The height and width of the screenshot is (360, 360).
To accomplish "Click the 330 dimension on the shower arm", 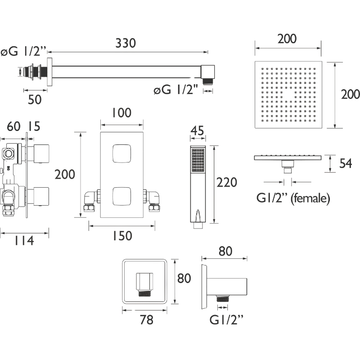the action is pyautogui.click(x=126, y=43).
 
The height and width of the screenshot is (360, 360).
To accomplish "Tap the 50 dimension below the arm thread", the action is pyautogui.click(x=35, y=99).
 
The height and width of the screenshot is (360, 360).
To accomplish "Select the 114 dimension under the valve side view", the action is pyautogui.click(x=24, y=241).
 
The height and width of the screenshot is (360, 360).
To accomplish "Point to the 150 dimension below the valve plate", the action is pyautogui.click(x=122, y=236).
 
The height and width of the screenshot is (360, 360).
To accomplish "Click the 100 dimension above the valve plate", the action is pyautogui.click(x=121, y=113).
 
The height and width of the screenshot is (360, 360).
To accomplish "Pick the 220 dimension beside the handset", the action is pyautogui.click(x=227, y=183).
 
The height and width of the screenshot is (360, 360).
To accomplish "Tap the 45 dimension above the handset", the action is pyautogui.click(x=197, y=130).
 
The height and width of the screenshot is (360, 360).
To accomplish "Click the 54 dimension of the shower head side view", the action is pyautogui.click(x=346, y=163).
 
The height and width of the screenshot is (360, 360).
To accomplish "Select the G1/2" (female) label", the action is pyautogui.click(x=293, y=198).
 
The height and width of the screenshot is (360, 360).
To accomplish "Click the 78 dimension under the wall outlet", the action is pyautogui.click(x=147, y=319).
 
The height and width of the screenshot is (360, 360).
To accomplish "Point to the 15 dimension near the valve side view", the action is pyautogui.click(x=34, y=126).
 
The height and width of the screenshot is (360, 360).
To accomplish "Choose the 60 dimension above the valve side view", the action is pyautogui.click(x=13, y=126).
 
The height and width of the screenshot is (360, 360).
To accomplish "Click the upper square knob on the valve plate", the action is pyautogui.click(x=121, y=153).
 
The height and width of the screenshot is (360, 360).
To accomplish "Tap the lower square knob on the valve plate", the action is pyautogui.click(x=121, y=196).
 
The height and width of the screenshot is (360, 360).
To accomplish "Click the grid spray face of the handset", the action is pyautogui.click(x=198, y=160).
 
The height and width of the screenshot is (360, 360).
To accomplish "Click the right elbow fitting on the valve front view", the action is pyautogui.click(x=152, y=200).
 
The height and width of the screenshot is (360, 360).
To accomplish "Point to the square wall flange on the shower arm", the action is pyautogui.click(x=49, y=72).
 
